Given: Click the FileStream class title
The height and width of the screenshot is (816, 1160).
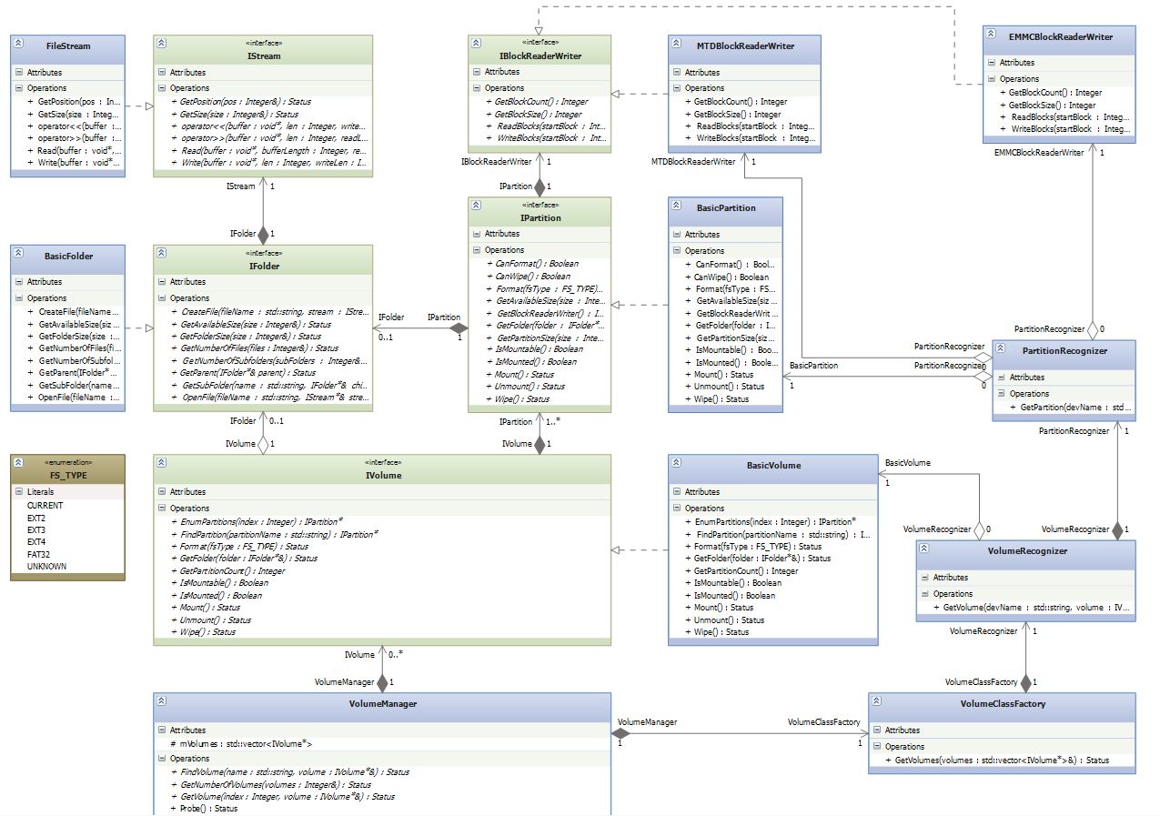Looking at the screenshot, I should tap(68, 45).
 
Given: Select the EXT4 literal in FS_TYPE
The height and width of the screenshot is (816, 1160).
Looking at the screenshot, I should tap(36, 541).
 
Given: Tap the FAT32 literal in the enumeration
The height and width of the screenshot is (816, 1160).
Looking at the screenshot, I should tap(38, 554).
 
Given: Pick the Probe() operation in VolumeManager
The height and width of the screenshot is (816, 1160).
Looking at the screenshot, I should tap(208, 808).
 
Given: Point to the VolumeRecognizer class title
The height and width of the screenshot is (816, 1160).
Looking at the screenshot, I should tap(1026, 550).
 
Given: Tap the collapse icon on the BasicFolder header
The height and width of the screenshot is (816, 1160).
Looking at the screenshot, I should tap(18, 256).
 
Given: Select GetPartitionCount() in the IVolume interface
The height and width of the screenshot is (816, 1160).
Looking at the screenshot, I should tap(232, 570).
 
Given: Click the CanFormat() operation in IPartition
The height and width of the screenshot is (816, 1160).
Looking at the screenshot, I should tap(536, 264).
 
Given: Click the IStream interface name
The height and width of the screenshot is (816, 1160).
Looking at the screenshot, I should tap(263, 56).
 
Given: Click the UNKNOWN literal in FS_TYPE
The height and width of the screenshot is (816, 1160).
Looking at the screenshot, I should tap(46, 566).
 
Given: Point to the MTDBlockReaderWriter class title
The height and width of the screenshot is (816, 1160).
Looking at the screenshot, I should tap(744, 45).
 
